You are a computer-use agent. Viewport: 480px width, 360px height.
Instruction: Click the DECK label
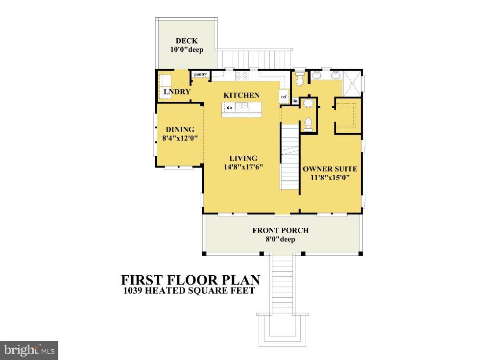click(x=187, y=41)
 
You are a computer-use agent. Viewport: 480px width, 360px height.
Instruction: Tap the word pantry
click(x=200, y=74)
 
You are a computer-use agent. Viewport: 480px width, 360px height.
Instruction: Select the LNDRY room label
click(x=177, y=92)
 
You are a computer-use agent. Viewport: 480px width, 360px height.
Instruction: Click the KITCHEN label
click(x=241, y=95)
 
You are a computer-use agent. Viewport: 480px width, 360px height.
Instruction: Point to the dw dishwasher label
click(x=229, y=107)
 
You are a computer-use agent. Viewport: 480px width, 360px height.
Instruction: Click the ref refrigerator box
click(x=284, y=96)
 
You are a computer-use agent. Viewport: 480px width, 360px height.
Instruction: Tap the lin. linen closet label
click(x=295, y=101)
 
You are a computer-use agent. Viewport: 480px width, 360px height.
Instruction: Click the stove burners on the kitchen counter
click(x=242, y=75)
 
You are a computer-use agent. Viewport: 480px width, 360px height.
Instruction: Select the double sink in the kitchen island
click(x=241, y=106)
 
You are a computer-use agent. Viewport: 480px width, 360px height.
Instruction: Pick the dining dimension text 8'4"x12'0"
click(x=180, y=138)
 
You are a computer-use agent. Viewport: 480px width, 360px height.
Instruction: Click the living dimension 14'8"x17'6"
click(x=243, y=167)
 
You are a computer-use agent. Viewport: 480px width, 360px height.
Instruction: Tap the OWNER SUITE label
click(x=330, y=169)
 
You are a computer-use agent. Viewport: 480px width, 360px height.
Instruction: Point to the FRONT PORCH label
click(x=280, y=231)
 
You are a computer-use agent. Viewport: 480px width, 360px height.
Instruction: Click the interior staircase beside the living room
click(x=289, y=157)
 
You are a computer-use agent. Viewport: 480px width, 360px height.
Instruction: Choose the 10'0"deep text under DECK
click(x=187, y=49)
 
